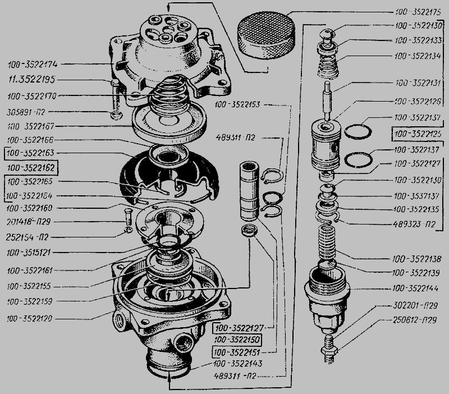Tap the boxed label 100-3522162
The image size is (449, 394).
pyautogui.click(x=31, y=167)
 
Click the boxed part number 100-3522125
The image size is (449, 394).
pyautogui.click(x=418, y=134)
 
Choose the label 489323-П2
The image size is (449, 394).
pyautogui.click(x=416, y=224)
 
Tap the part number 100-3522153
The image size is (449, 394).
pyautogui.click(x=238, y=104)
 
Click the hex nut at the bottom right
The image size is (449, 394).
pyautogui.click(x=328, y=352)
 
